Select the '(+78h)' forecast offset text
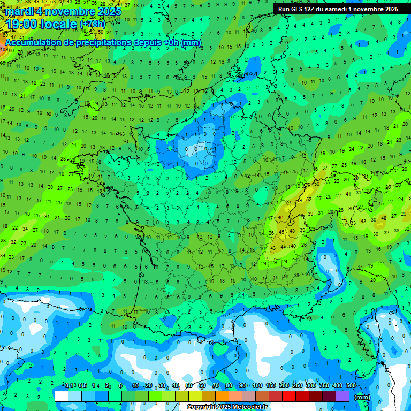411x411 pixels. click(x=93, y=24)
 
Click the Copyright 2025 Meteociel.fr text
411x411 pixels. click(x=227, y=407)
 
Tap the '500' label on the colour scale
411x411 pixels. click(x=351, y=385)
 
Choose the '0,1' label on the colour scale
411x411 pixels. click(x=69, y=385)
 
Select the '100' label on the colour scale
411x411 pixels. click(x=257, y=385)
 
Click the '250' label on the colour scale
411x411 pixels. click(x=298, y=385)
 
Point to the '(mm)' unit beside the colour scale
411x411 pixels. click(x=363, y=397)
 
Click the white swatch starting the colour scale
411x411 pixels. click(x=62, y=396)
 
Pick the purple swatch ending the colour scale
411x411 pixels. click(x=342, y=396)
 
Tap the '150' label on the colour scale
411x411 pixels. click(x=271, y=385)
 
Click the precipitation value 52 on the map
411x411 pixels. click(x=309, y=199)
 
